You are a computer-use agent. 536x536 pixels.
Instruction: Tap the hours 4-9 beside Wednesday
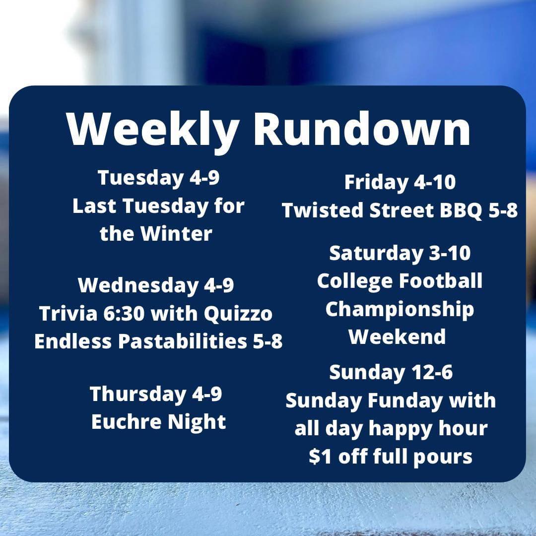tap(219, 285)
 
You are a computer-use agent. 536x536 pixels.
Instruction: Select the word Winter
tap(176, 233)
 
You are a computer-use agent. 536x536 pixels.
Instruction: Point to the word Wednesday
tap(138, 285)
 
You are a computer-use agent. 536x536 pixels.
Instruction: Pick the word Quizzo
tap(238, 314)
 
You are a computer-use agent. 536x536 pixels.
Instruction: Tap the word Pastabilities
tap(183, 341)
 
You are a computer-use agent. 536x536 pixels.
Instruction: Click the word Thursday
tap(138, 394)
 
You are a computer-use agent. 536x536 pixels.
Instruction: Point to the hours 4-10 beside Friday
tap(434, 182)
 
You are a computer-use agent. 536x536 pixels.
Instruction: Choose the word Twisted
tap(323, 210)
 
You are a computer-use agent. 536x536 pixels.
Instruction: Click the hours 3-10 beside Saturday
tap(450, 253)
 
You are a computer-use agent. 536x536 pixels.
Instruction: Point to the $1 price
tap(320, 457)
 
